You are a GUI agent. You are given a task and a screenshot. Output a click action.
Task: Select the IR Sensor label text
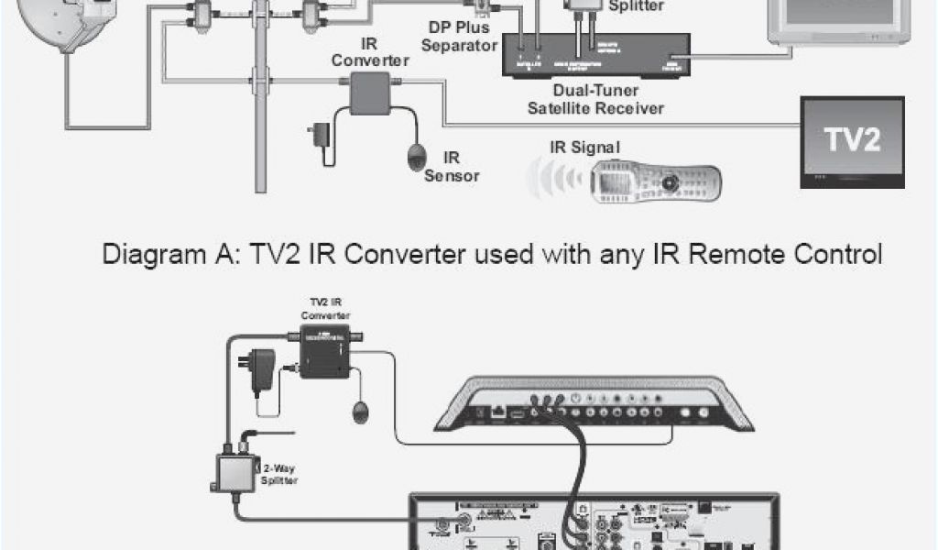pyautogui.click(x=451, y=166)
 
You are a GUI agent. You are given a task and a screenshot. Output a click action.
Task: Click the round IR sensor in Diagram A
pyautogui.click(x=417, y=155)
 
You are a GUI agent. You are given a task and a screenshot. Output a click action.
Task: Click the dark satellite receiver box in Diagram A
pyautogui.click(x=594, y=55)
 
